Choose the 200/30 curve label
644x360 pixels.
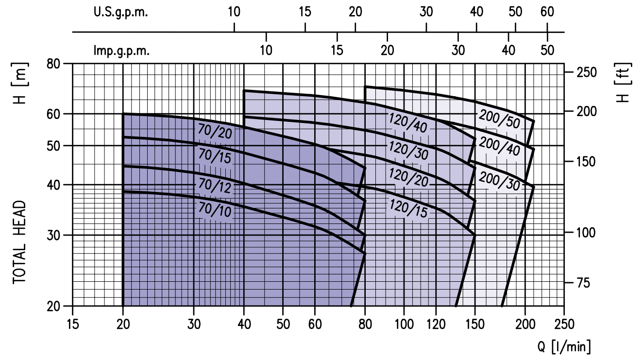tap(499, 182)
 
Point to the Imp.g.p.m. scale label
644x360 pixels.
tap(121, 50)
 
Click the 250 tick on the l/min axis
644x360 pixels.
tap(564, 324)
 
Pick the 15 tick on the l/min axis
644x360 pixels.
tap(73, 324)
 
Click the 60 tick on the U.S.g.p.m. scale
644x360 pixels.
tap(547, 12)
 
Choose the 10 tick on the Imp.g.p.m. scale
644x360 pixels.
tap(266, 50)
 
